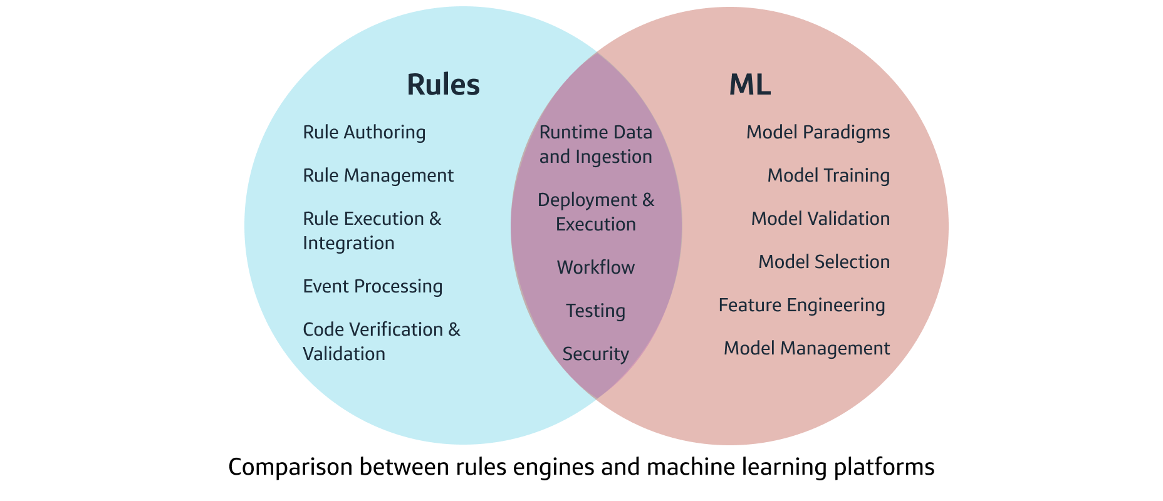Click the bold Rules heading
tap(443, 85)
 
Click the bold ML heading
tap(749, 85)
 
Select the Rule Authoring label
tap(364, 132)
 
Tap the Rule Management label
tap(378, 175)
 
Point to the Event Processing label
tap(372, 286)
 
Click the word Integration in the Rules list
tap(348, 243)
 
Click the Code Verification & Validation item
tap(381, 341)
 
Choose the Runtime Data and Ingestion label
tap(595, 144)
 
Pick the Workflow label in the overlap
tap(595, 267)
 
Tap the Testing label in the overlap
tap(595, 311)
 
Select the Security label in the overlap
tap(595, 354)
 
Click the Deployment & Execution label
tap(595, 212)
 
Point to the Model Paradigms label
tap(818, 132)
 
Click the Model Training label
tap(828, 175)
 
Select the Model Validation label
tap(820, 219)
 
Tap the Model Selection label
tap(824, 262)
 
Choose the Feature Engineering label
tap(801, 305)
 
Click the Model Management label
tap(806, 348)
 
